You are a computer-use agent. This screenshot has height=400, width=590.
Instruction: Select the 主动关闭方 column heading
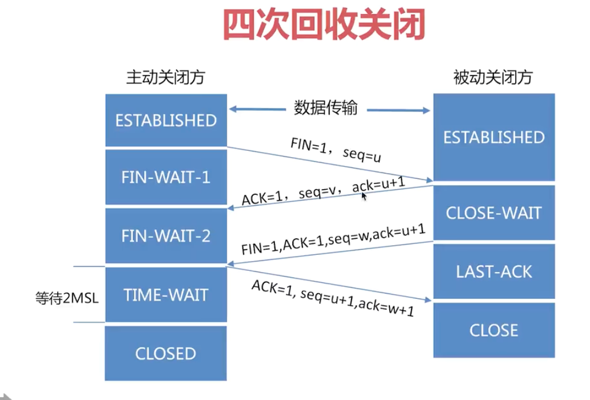point(165,77)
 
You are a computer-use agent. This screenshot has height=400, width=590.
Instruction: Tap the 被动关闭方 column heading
point(493,77)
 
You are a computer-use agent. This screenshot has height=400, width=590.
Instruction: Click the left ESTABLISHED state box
point(166,121)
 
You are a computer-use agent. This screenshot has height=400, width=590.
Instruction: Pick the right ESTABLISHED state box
point(494,137)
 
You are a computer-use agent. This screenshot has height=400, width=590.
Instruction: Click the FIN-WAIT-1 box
point(166,177)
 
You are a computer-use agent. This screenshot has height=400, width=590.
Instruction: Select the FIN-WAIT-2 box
point(166,235)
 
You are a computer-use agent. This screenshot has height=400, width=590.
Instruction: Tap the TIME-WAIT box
point(166,295)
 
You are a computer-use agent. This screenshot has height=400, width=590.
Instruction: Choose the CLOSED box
point(166,354)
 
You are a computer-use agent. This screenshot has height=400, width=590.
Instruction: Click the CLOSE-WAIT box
point(494,213)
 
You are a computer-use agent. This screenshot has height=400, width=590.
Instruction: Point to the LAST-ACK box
point(494,271)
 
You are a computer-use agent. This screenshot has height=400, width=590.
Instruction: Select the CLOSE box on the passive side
point(494,330)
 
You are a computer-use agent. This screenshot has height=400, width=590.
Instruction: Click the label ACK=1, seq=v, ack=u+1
point(324,191)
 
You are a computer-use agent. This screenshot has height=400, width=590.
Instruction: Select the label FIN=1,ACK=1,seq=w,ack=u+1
point(334,239)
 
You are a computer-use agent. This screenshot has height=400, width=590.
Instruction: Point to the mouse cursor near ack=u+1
point(364,195)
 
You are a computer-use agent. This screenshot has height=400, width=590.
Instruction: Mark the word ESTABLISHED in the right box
point(494,137)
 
